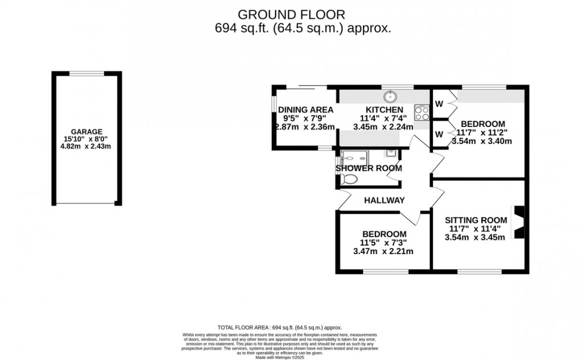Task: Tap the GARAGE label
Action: click(x=87, y=130)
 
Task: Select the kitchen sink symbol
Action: click(x=390, y=96)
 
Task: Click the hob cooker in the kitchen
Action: click(x=422, y=113)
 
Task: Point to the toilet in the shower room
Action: click(x=348, y=179)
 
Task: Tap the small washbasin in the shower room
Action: click(x=391, y=153)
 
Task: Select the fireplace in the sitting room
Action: click(x=518, y=223)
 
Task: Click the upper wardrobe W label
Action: click(x=439, y=104)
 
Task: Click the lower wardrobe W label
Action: click(x=439, y=134)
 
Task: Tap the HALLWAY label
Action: click(x=385, y=200)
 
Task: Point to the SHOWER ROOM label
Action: click(x=369, y=168)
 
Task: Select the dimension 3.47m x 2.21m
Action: click(x=383, y=251)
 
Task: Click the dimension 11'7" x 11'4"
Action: click(x=476, y=229)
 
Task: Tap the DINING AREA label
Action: click(x=305, y=110)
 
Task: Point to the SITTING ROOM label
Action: click(x=476, y=220)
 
